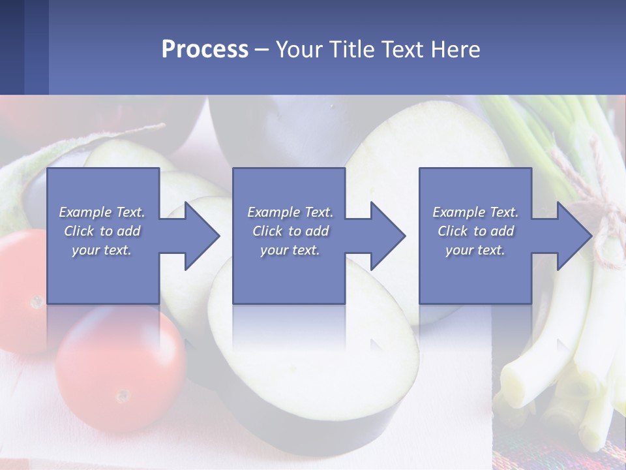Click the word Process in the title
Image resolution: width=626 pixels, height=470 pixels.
[x=205, y=49]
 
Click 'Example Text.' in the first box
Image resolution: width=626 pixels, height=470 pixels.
[x=102, y=212]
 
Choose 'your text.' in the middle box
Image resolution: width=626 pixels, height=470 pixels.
[x=290, y=250]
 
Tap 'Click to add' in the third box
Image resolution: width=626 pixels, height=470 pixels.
[x=475, y=231]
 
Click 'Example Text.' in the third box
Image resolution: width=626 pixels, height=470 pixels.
[x=475, y=212]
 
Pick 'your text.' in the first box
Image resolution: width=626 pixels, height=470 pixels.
[x=102, y=250]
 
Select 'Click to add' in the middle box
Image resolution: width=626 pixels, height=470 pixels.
[x=290, y=231]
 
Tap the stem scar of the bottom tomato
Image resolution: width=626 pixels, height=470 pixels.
[x=122, y=396]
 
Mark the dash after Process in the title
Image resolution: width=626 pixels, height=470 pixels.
[x=261, y=50]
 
